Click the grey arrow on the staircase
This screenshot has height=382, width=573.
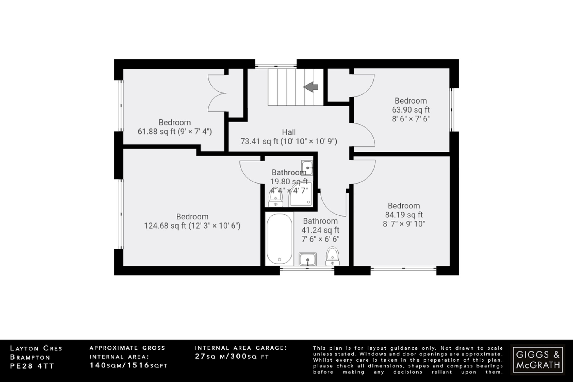click(x=311, y=87)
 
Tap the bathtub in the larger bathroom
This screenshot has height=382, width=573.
click(x=279, y=239)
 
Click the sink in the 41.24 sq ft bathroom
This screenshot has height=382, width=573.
click(x=307, y=259)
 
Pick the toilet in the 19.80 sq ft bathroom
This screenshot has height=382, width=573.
click(x=276, y=198)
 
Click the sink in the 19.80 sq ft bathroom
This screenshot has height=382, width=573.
click(x=307, y=168)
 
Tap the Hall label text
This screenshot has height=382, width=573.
click(x=289, y=132)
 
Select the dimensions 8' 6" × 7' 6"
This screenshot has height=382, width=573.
click(x=411, y=119)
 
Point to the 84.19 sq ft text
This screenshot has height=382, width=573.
click(x=404, y=215)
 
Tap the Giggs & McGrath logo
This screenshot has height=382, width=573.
click(x=538, y=360)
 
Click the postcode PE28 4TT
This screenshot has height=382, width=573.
click(x=32, y=366)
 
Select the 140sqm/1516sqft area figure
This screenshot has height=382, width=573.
click(x=128, y=365)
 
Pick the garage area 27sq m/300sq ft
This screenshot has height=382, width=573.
click(x=232, y=357)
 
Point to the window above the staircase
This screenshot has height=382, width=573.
click(x=276, y=66)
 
